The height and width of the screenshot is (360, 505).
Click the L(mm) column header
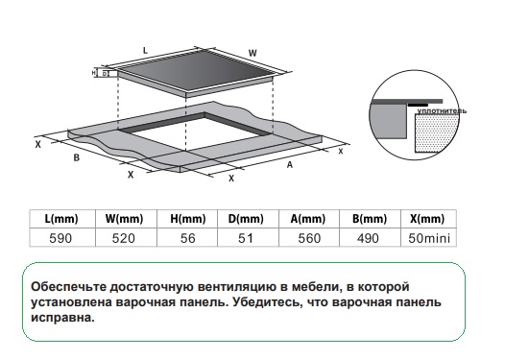(x=62, y=219)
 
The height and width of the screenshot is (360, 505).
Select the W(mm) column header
(x=126, y=219)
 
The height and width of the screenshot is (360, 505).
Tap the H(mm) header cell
(x=187, y=219)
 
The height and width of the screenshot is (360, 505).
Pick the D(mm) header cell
(x=248, y=219)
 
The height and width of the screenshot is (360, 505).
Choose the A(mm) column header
(x=309, y=219)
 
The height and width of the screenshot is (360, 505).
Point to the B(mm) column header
(x=370, y=219)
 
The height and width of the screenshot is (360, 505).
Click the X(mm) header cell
(x=428, y=219)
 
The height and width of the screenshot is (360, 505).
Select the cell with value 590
(x=62, y=238)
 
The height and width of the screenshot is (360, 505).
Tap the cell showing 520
(x=126, y=238)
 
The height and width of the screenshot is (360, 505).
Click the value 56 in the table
(x=187, y=238)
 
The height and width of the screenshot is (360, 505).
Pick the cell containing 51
(x=248, y=238)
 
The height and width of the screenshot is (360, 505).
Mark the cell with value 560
(x=309, y=238)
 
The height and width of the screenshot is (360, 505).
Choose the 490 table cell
(x=370, y=238)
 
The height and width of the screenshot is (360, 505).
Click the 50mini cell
(x=428, y=238)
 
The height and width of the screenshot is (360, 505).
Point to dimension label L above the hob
(x=145, y=51)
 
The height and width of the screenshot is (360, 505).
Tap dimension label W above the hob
(x=252, y=53)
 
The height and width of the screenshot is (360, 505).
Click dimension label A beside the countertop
(x=290, y=165)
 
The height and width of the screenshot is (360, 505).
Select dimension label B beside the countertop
(x=77, y=157)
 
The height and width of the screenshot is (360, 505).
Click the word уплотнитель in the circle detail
(x=442, y=111)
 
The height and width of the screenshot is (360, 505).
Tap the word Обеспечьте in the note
(x=68, y=286)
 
